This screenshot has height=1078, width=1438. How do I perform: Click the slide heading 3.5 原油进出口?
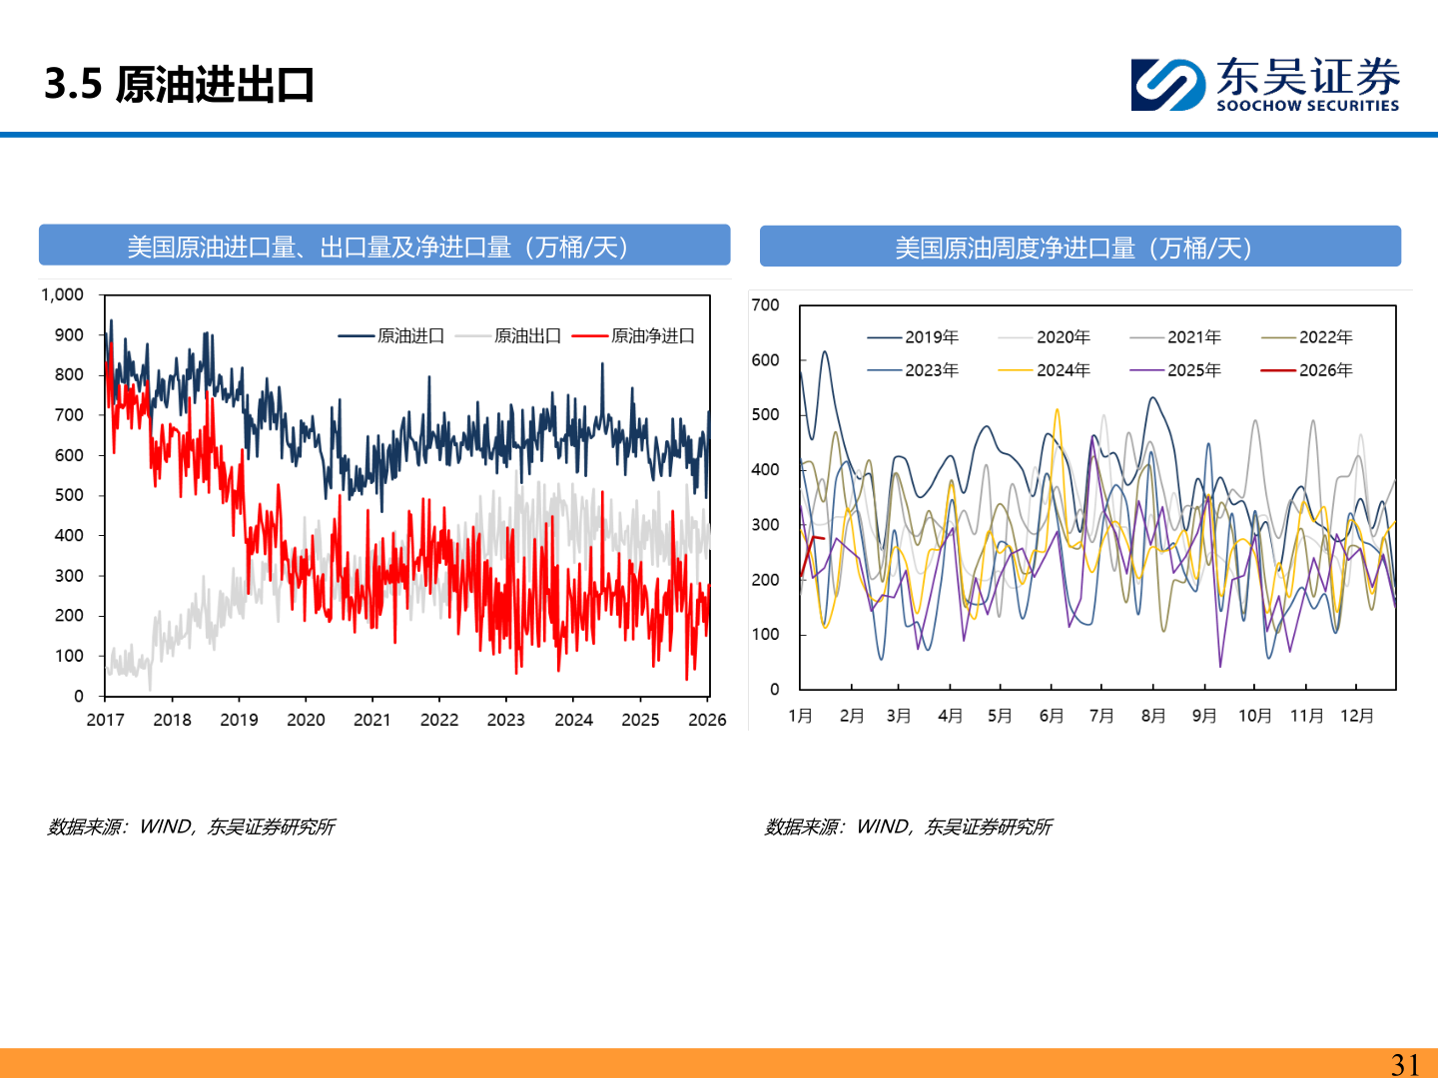coord(180,85)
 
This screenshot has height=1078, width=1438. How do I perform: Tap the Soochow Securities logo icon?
coord(1167,85)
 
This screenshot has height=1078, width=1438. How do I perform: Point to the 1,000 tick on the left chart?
coord(62,294)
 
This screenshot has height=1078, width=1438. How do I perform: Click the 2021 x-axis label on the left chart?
coord(372,720)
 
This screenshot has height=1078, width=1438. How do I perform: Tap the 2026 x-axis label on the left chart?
coord(707,720)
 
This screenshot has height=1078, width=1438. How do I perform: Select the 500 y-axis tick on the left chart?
coord(69,495)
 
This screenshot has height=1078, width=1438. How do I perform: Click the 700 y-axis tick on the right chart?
coord(765,305)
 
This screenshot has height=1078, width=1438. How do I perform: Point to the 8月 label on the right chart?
coord(1153,716)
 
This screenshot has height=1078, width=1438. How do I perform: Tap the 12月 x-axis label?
coord(1357,716)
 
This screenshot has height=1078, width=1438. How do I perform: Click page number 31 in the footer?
coord(1405,1064)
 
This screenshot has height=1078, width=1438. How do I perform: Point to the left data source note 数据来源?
coord(191,826)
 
